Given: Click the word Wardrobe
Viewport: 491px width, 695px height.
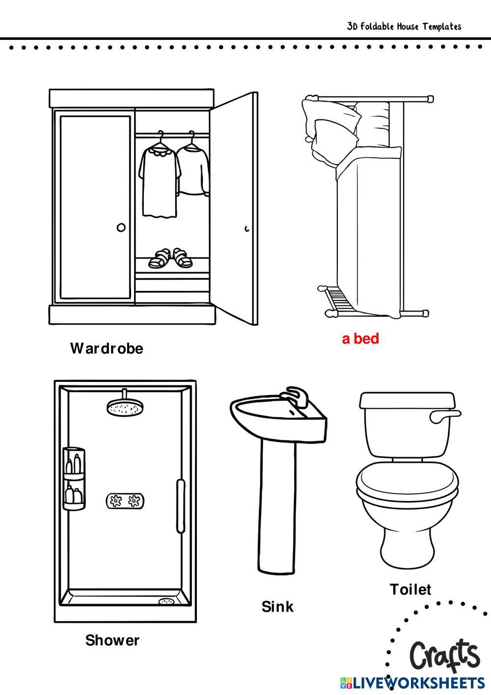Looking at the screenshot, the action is point(107,348).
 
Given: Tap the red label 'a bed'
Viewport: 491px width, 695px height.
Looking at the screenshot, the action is point(360,339).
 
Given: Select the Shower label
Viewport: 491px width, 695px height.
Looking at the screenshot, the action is point(112,640).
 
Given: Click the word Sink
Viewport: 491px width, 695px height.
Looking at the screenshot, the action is point(277,607).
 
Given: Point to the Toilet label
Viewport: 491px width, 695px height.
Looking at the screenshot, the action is point(410,589).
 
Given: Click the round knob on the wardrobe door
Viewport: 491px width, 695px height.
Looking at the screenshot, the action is point(121,228).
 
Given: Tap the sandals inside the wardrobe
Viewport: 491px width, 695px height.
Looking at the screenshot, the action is point(170,258).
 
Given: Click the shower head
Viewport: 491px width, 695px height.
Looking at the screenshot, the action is point(125,407).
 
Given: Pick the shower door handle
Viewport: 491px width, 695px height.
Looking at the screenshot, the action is point(181,506).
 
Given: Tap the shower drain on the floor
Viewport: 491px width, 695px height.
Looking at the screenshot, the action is point(167,602).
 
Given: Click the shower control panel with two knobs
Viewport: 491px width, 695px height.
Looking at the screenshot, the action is point(125,501).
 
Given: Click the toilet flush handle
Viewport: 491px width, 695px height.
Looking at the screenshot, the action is point(445,416).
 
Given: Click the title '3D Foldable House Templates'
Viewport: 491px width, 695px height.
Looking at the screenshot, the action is point(404,27).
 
